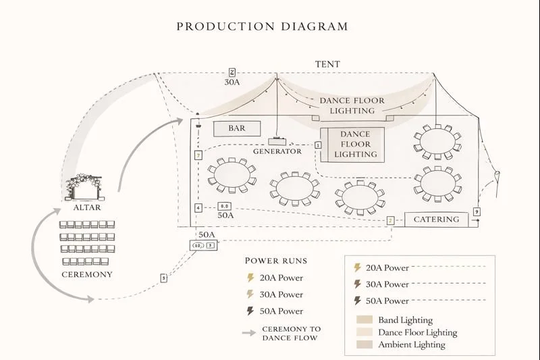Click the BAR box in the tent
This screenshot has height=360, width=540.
pos(237,128)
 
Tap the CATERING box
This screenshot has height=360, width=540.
pos(436,220)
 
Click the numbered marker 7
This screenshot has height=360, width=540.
pos(198,155)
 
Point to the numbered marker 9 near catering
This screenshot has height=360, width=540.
pos(477,212)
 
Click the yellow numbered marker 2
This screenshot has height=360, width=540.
pos(390,221)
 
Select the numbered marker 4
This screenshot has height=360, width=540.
pos(198,208)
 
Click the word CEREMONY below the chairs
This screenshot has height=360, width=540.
pos(87,275)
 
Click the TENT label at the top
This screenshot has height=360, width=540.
pos(327,64)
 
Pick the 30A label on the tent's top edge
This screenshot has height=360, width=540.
pos(232,82)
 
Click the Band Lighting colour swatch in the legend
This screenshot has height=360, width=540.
pos(364,320)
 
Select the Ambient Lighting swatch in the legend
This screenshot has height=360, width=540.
pos(364,344)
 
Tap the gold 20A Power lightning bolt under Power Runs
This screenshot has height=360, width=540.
pos(251,278)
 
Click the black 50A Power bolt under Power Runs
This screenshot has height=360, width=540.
pos(251,311)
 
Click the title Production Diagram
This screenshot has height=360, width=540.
pos(263,27)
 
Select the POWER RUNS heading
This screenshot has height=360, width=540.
pos(275,261)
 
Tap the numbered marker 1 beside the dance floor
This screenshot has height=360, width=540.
pos(317,145)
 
